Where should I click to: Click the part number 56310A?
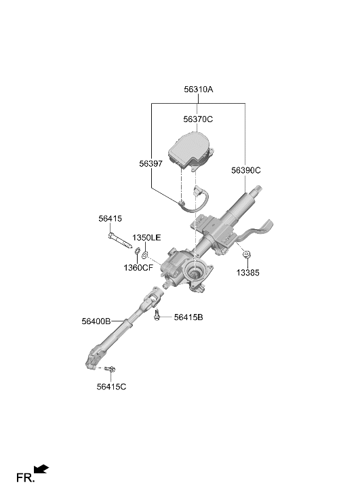(199, 90)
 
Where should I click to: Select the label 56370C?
(198, 119)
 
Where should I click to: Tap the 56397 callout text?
(151, 164)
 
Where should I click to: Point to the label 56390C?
(246, 170)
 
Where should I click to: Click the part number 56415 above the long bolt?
(110, 218)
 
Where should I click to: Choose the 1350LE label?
(146, 238)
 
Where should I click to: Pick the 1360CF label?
(138, 268)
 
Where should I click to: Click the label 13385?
(247, 273)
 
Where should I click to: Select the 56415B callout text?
(188, 317)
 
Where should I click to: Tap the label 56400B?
(96, 321)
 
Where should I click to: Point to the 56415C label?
(111, 387)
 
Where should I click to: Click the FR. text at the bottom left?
(26, 478)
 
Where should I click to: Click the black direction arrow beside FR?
(41, 469)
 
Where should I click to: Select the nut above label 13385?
(247, 254)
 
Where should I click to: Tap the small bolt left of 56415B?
(157, 315)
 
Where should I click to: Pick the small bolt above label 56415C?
(111, 368)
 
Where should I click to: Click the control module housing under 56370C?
(191, 151)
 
